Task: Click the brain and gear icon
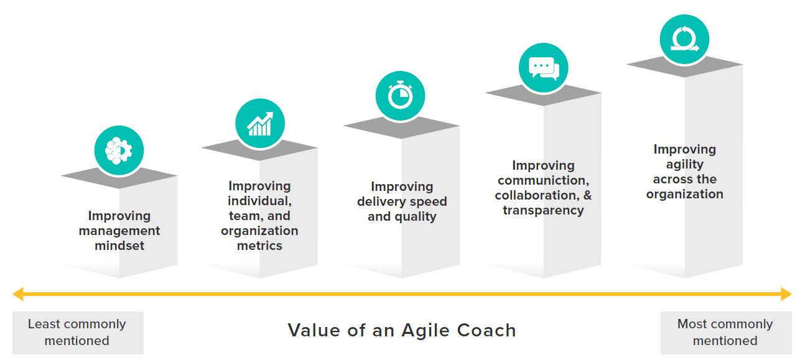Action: [x=119, y=151]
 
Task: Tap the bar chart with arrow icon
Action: [x=260, y=124]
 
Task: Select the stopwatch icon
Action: [x=400, y=95]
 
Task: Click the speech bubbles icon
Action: [x=543, y=68]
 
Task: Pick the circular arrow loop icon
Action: [x=684, y=39]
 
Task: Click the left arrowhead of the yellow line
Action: [x=18, y=294]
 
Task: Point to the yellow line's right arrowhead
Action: [x=786, y=294]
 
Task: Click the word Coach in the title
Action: [x=486, y=330]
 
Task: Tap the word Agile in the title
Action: [x=425, y=331]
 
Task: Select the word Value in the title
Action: [x=314, y=330]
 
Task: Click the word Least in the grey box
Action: [x=44, y=324]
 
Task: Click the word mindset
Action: [x=119, y=246]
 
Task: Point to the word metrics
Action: [x=259, y=246]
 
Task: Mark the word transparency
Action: [x=543, y=211]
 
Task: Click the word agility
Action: [x=684, y=165]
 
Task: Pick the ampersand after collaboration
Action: [x=587, y=195]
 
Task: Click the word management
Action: [x=119, y=231]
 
